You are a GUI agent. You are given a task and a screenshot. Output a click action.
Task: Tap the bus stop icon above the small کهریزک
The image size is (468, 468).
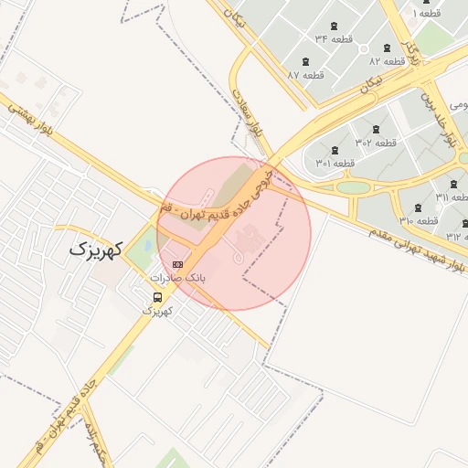[159, 297]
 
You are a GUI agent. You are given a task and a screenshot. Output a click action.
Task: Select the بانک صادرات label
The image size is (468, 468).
[178, 277]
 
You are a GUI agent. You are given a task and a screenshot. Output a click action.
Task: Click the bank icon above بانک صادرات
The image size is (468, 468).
[176, 264]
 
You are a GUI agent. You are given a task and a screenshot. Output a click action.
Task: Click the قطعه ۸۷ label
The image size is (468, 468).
[306, 74]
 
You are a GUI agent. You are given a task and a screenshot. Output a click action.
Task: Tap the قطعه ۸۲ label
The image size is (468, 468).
[388, 60]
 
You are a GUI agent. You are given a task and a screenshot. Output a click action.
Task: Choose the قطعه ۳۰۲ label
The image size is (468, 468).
[376, 143]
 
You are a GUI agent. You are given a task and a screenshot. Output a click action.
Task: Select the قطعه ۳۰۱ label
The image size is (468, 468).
[335, 163]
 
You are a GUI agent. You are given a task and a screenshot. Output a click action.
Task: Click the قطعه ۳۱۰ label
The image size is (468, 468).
[419, 221]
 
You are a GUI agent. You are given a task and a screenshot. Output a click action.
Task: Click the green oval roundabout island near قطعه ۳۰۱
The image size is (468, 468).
[353, 187]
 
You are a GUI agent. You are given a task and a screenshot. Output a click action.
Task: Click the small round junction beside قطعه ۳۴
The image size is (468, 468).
[363, 49]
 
